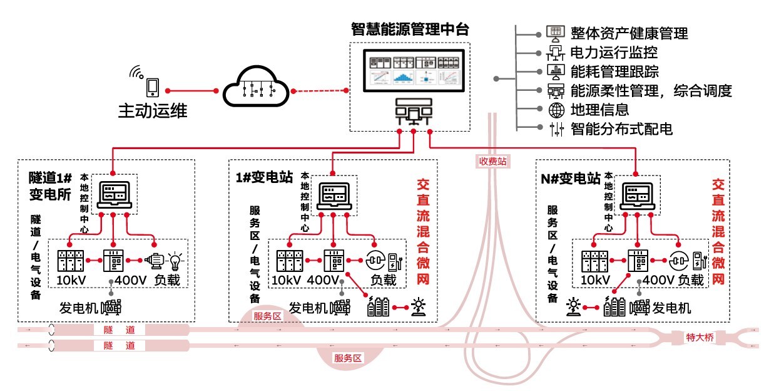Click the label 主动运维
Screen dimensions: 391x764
pyautogui.click(x=153, y=111)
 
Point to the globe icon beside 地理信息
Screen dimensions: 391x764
pyautogui.click(x=555, y=110)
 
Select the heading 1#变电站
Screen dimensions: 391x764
pyautogui.click(x=264, y=177)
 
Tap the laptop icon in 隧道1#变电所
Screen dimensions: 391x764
pyautogui.click(x=113, y=195)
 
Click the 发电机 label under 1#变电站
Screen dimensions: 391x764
pyautogui.click(x=308, y=308)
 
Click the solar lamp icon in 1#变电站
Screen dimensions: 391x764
pyautogui.click(x=418, y=306)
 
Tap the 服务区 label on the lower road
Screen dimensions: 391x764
pyautogui.click(x=349, y=358)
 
